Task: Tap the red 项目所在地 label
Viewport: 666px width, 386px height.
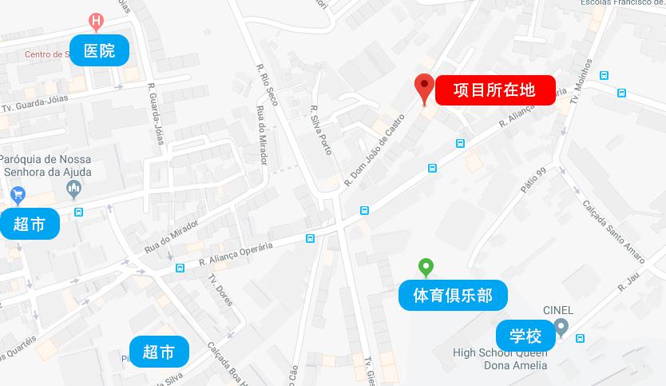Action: (x=494, y=90)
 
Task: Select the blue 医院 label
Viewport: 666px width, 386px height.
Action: (x=99, y=51)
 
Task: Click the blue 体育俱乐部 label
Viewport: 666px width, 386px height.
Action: (x=453, y=296)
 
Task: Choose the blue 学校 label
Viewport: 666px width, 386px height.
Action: (x=525, y=335)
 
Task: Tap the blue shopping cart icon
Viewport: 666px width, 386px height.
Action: (x=18, y=194)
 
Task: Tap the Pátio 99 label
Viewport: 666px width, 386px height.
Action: (x=532, y=181)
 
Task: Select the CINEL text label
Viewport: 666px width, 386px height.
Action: (x=558, y=311)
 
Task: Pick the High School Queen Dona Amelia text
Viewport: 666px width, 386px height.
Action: (x=500, y=359)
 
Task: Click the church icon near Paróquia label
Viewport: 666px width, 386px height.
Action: (x=74, y=189)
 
